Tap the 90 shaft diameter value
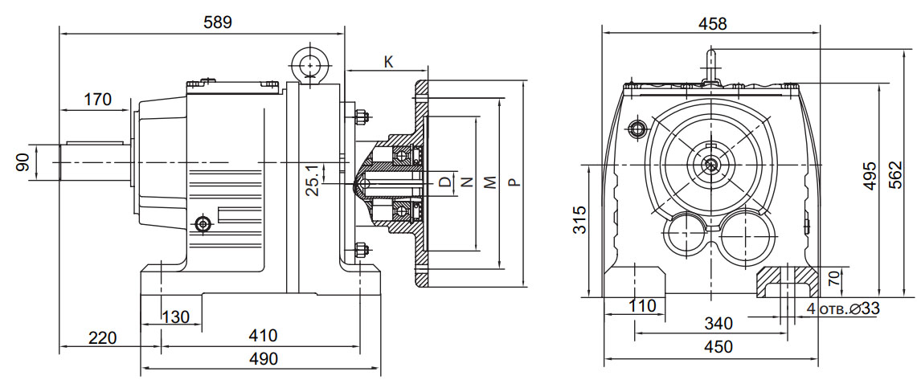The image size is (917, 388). coord(23,162)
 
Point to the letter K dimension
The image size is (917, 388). coord(388,61)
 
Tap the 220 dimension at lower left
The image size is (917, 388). coord(101,337)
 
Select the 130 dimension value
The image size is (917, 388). coord(175,317)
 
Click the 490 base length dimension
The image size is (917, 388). coord(262,358)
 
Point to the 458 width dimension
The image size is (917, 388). coord(712,23)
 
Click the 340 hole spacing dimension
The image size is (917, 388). coord(718,323)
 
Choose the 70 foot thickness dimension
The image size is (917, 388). coord(833,280)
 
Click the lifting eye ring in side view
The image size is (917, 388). coord(308,63)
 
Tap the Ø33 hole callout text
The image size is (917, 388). coord(843,308)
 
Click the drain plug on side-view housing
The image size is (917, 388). coord(203,222)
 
